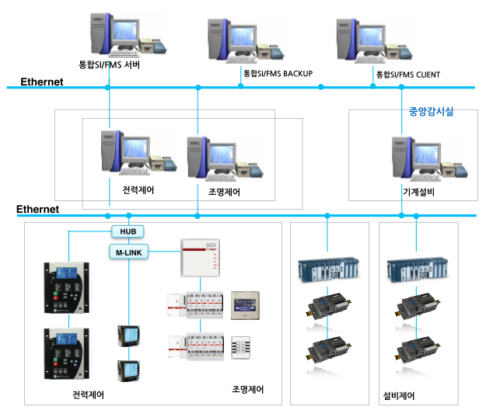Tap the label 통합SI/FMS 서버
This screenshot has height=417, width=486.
point(109,66)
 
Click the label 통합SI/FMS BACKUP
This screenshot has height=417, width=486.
point(278,74)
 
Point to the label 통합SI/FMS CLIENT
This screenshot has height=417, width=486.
point(407,75)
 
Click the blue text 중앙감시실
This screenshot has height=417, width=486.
point(431,111)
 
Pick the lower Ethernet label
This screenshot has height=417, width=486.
point(38,209)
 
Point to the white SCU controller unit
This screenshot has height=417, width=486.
point(200,256)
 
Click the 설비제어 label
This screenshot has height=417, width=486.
point(399,395)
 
